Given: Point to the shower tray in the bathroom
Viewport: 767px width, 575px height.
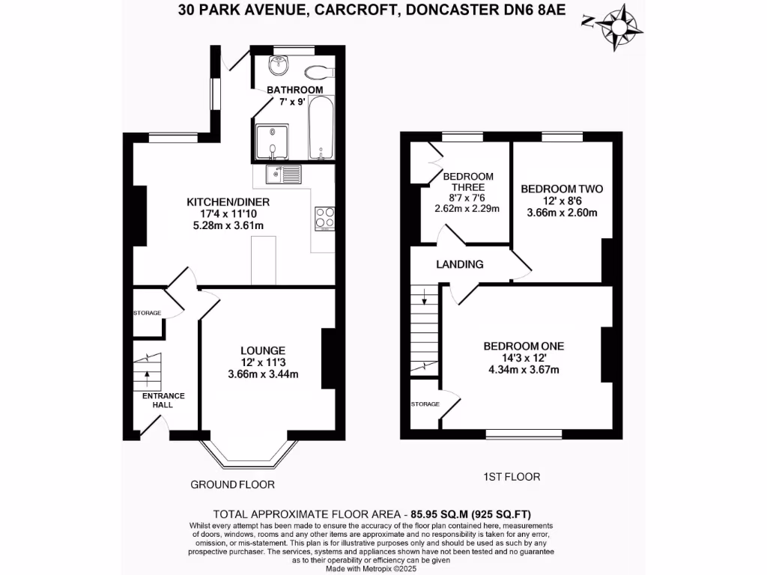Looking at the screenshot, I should [x=273, y=142].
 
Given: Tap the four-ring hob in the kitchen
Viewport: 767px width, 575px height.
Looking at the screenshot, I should [x=325, y=217].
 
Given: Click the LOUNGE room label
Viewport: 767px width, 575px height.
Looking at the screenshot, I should [x=262, y=350].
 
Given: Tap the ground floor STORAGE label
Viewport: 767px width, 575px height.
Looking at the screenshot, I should [x=148, y=312].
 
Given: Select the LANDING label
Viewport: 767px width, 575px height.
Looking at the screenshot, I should [x=461, y=264].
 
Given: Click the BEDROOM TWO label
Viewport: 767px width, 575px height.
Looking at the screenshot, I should [x=562, y=189].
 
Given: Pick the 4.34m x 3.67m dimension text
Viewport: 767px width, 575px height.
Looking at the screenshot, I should [x=524, y=369].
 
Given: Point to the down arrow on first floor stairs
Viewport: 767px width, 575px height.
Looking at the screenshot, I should [x=425, y=301].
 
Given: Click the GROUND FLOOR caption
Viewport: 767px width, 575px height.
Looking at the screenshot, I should [x=232, y=484].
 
